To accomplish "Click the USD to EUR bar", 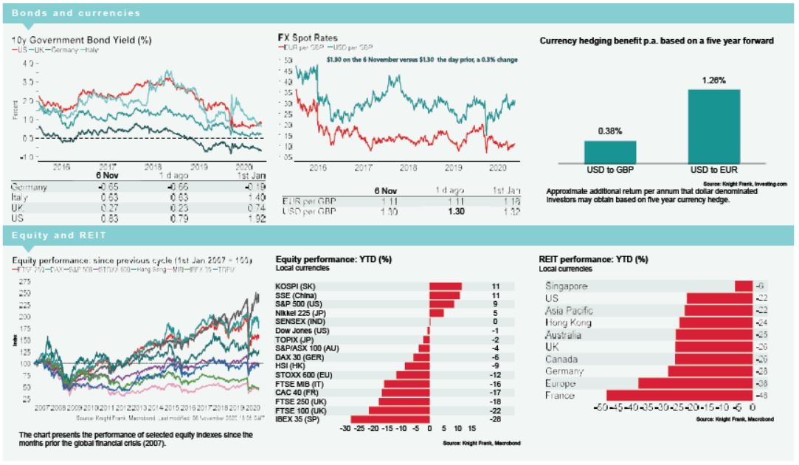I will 713,125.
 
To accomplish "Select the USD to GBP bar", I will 610,151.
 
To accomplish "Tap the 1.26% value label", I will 713,80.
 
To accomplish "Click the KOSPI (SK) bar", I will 446,286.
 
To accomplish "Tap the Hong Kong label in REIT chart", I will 569,323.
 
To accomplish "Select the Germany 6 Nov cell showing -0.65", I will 107,187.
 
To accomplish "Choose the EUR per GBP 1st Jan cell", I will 510,201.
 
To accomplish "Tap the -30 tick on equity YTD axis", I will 344,427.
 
